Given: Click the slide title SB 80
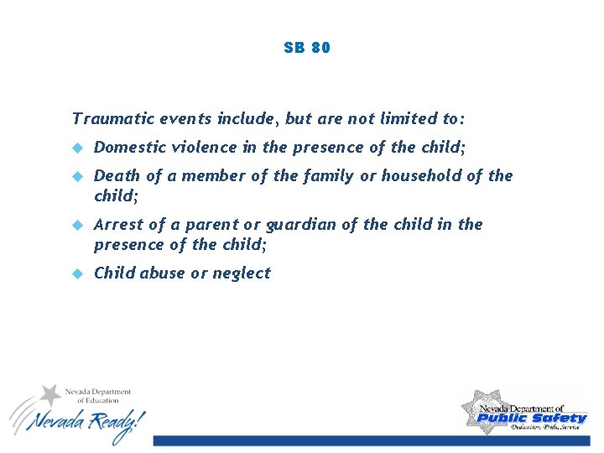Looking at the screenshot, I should point(307,48).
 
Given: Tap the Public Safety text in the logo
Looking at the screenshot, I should point(532,418).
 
